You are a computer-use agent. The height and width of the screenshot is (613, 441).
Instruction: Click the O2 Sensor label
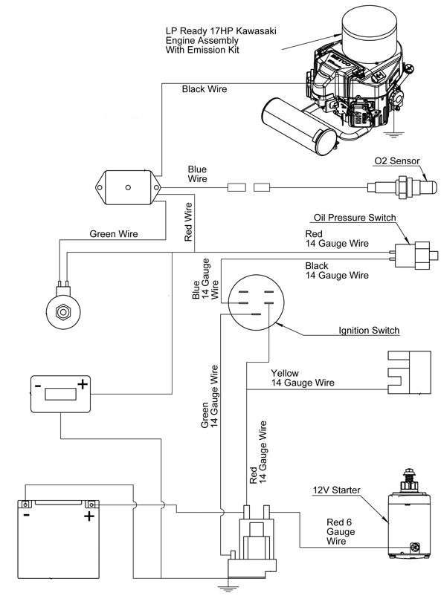(397, 160)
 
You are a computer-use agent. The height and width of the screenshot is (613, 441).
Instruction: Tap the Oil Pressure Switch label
(355, 218)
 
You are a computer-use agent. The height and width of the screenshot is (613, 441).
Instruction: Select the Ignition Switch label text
(369, 331)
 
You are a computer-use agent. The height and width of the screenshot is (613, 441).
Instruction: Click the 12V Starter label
(337, 490)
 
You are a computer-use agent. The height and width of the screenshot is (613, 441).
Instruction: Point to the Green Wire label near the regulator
(114, 234)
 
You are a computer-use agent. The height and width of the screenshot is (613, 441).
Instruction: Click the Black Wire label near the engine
(205, 89)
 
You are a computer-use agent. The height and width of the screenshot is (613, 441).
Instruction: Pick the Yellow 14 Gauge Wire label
(303, 378)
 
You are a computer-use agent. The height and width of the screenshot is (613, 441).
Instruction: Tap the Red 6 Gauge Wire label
(341, 532)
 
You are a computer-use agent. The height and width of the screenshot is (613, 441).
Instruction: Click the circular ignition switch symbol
(256, 302)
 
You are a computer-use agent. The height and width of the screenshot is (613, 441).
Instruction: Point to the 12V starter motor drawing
(405, 513)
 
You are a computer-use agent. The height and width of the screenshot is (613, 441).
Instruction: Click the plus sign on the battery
(89, 516)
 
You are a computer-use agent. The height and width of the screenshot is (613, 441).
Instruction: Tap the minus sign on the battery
(26, 515)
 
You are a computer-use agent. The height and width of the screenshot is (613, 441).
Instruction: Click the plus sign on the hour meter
(83, 384)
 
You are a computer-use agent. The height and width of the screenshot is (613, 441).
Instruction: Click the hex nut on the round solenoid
(62, 311)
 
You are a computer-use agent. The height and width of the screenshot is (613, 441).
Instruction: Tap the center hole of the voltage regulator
(128, 188)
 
